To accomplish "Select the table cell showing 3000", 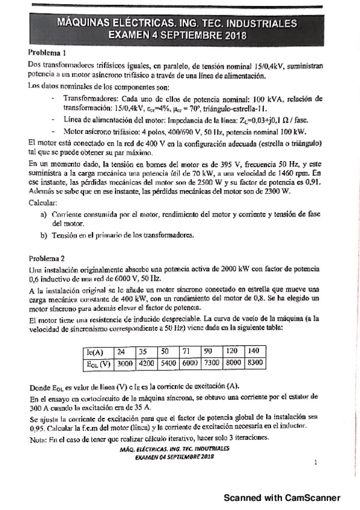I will coord(125,363).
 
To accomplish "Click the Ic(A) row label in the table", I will coord(96,352).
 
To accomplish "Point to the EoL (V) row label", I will coord(96,363).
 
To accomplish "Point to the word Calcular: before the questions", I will coord(43,203).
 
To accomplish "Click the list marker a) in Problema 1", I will coord(43,214).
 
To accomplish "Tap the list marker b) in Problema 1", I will coord(43,235).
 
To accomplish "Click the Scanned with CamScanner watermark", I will coord(282,497).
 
